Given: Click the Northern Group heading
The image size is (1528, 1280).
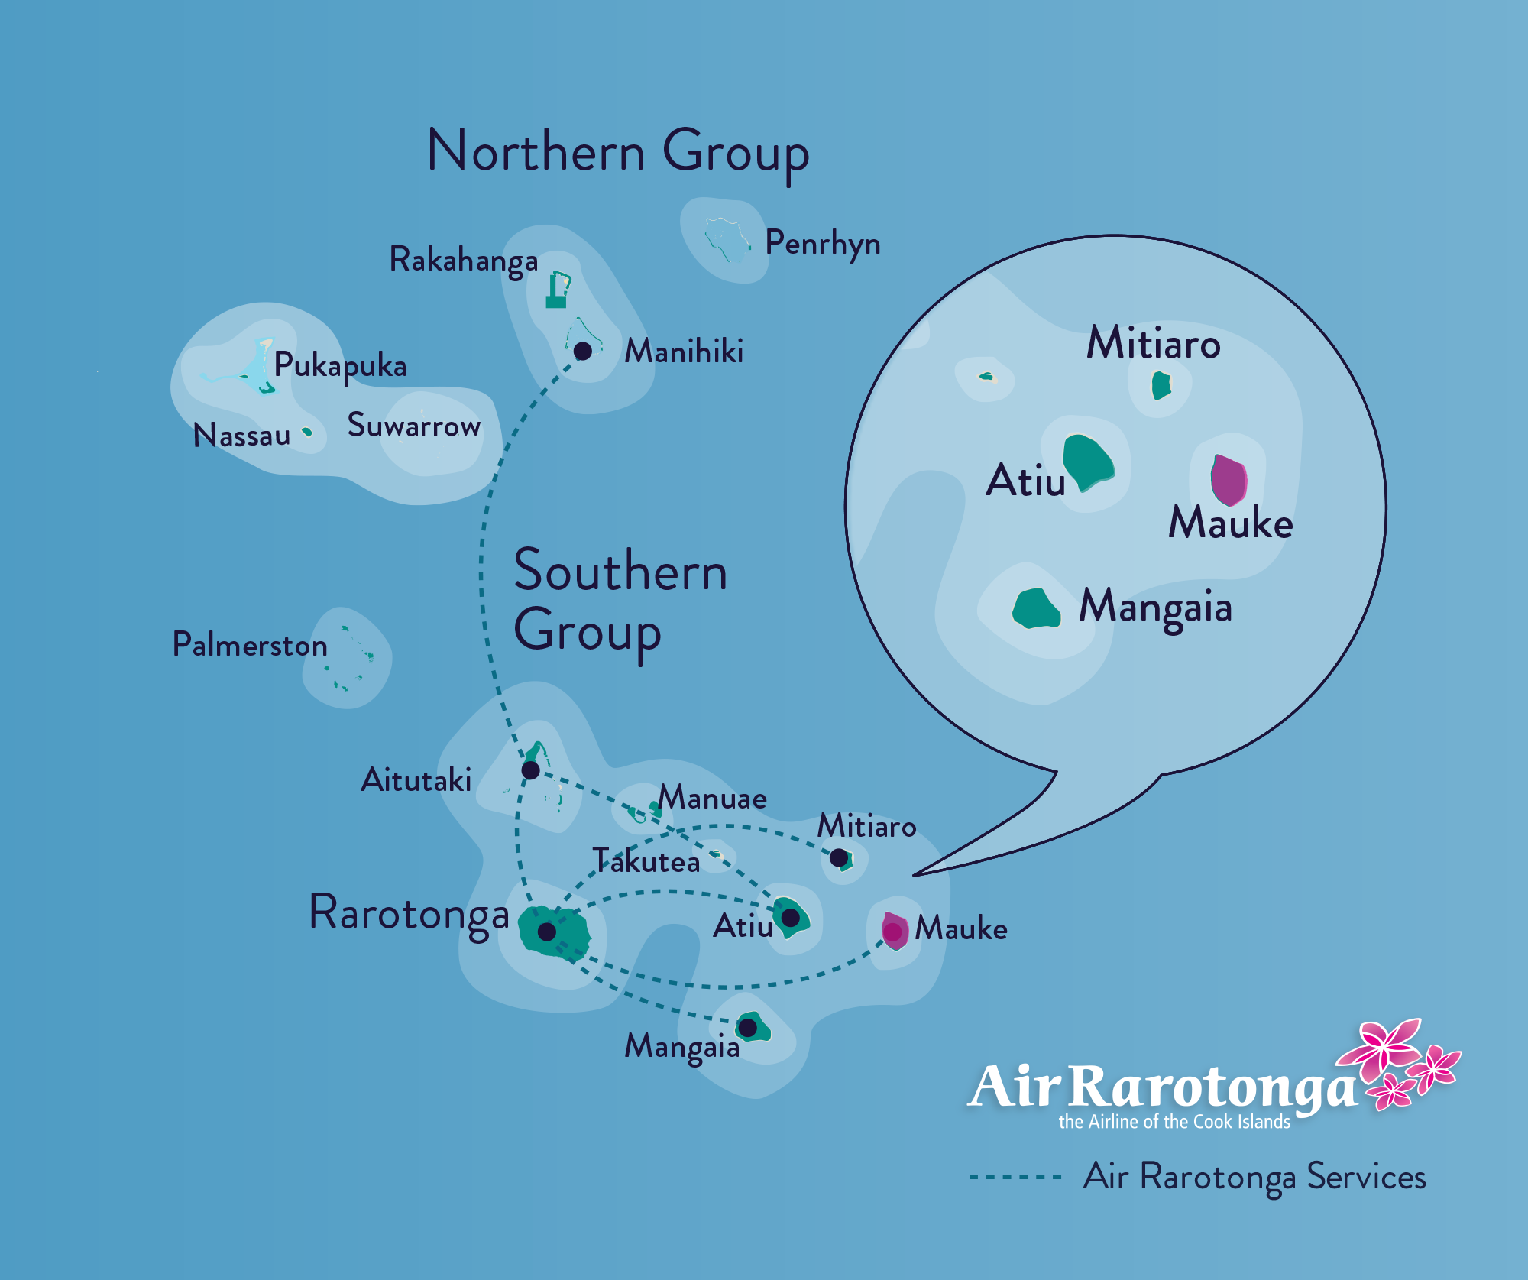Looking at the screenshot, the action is click(x=618, y=153).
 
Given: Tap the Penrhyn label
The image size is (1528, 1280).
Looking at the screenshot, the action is click(x=823, y=243).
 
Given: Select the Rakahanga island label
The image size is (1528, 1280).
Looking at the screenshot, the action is click(x=464, y=261).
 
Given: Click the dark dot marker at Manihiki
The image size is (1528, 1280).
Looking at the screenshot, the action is click(x=583, y=351).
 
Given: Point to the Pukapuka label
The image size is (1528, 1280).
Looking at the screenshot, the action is click(x=340, y=365).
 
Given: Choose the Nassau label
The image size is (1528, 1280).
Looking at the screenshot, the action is click(x=241, y=436).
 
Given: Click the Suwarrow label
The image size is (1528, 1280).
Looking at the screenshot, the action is click(x=414, y=425).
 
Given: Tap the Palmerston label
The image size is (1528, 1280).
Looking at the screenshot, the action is click(x=250, y=644).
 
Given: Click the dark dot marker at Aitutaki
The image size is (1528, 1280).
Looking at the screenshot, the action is click(x=530, y=770).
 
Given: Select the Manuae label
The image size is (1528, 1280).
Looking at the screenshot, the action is click(x=713, y=798).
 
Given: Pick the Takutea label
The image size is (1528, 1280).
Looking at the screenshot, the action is click(x=646, y=861).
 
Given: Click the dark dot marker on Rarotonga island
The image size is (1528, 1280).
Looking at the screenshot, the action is click(x=547, y=932).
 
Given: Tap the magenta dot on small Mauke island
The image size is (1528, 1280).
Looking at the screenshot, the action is click(x=892, y=931).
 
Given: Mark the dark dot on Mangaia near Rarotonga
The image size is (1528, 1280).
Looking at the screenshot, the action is click(x=748, y=1028).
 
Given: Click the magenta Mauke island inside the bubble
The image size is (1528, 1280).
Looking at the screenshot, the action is click(x=1229, y=480).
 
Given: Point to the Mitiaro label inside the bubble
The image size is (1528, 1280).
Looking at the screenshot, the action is click(x=1154, y=342).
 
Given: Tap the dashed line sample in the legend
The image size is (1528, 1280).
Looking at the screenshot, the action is click(x=1015, y=1177).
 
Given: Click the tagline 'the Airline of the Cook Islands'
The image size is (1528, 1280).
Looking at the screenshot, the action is click(x=1174, y=1122).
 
